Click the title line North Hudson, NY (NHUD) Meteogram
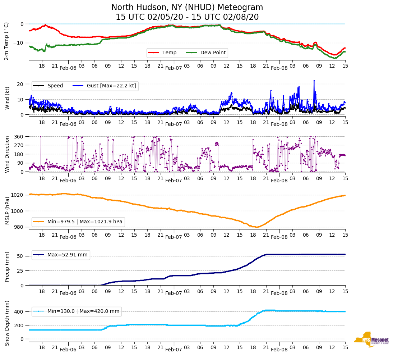[187, 8]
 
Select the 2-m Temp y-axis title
[6, 41]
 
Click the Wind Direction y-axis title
[7, 154]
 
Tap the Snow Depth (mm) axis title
[7, 323]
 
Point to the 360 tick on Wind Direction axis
[19, 137]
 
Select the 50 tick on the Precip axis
[20, 256]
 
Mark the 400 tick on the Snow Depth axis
[19, 312]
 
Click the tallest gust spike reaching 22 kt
[314, 81]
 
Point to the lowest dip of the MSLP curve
[256, 227]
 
